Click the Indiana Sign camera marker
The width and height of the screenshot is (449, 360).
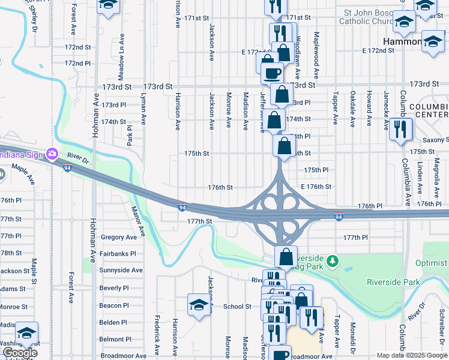tap(53, 154)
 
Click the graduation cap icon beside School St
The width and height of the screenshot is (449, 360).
tap(199, 304)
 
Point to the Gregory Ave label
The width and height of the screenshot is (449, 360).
tap(119, 237)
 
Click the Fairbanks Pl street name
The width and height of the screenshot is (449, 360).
tap(118, 254)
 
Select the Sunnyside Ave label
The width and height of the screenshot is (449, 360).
tap(121, 271)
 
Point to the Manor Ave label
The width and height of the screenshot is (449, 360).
tap(138, 221)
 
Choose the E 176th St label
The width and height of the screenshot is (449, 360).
tap(316, 187)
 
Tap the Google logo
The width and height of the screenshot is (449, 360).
tap(19, 353)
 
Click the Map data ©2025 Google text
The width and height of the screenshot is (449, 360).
tap(412, 355)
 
